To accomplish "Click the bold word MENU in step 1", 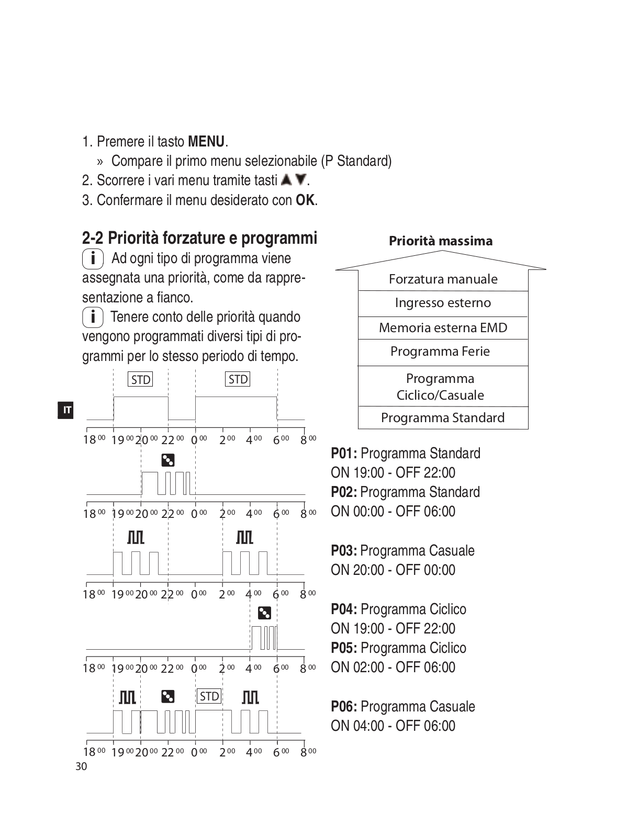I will point(206,142).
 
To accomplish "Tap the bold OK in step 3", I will point(306,200).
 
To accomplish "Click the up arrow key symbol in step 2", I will point(286,180).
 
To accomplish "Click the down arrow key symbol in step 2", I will point(300,180).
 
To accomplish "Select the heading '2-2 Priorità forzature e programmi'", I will point(199,238).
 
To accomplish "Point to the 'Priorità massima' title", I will point(441,241).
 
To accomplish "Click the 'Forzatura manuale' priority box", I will point(443,279).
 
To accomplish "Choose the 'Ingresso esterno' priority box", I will point(443,303).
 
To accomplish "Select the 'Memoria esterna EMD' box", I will point(443,328).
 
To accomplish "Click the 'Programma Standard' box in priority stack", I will point(443,418).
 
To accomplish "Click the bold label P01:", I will point(344,454).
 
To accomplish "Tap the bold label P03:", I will point(344,551).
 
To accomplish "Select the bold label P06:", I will point(344,707).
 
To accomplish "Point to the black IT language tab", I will point(66,410).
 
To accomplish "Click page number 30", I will point(81,767).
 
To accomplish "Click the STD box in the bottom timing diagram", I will point(209,696).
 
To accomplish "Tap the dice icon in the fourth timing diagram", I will point(264,613).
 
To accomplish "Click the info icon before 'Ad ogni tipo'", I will point(93,258).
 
